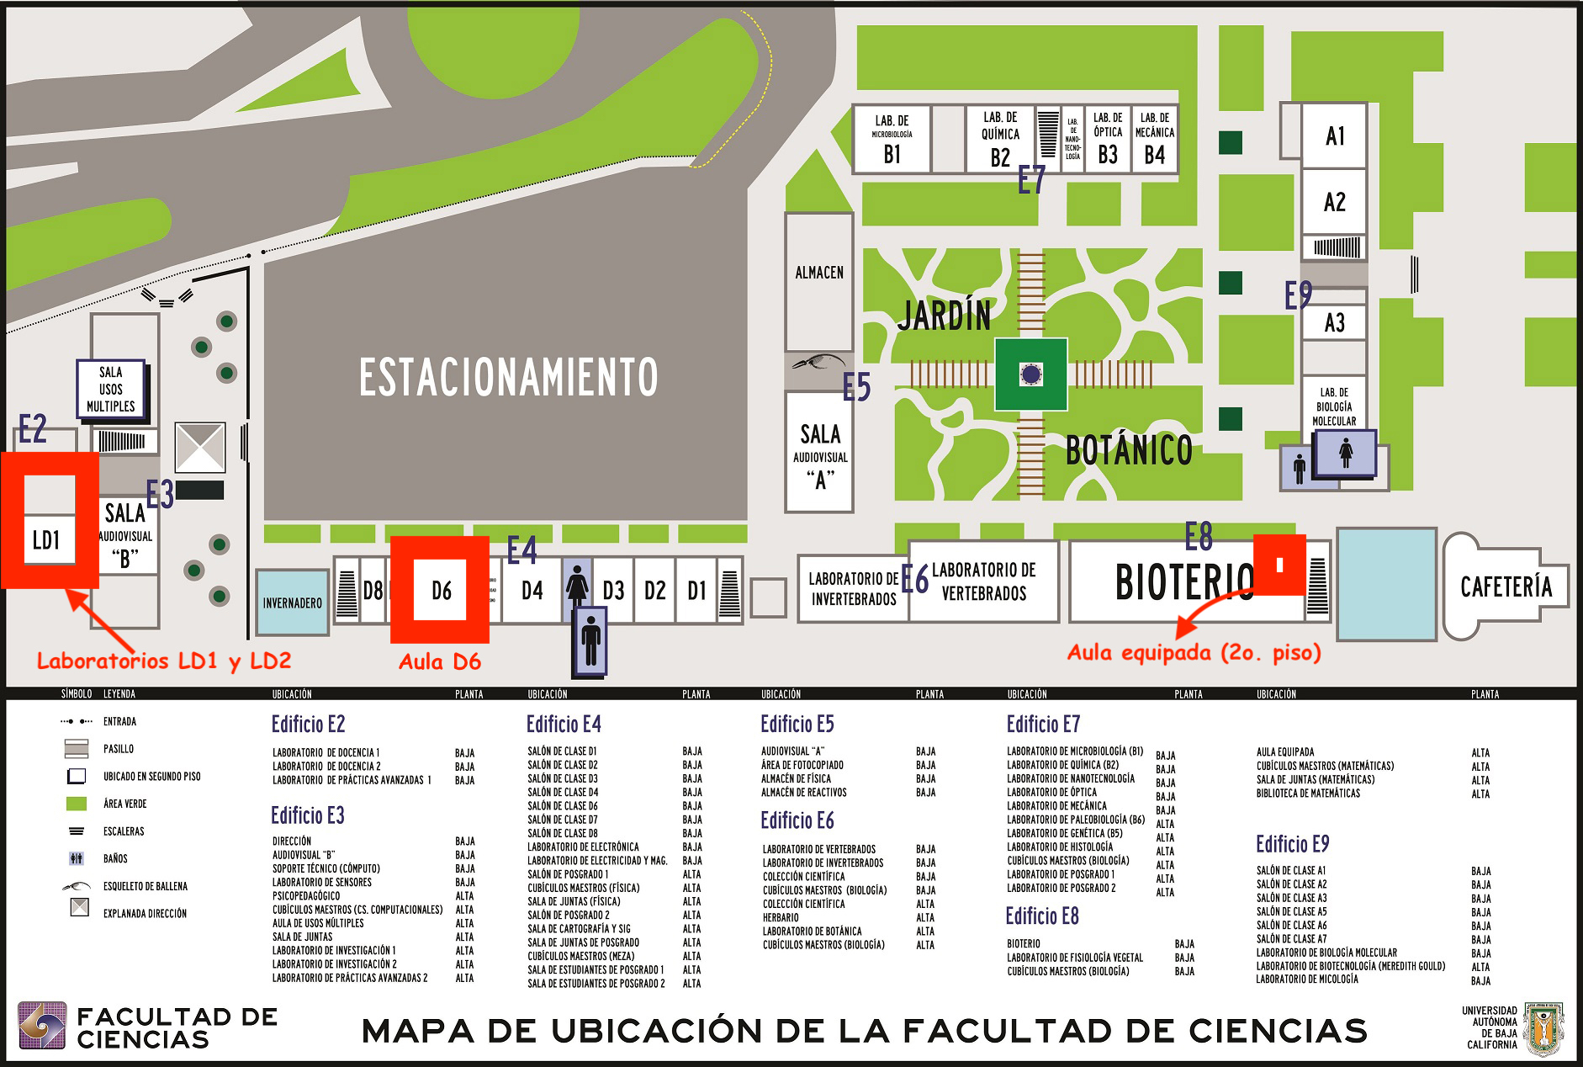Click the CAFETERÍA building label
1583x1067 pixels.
tap(1506, 587)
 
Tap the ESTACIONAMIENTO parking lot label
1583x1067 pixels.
tap(508, 377)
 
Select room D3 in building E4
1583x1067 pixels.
tap(613, 591)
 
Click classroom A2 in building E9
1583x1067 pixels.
tap(1334, 202)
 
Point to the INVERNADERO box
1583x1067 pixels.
tap(292, 603)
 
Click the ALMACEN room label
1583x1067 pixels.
tap(819, 273)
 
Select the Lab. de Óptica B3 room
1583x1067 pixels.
tap(1108, 140)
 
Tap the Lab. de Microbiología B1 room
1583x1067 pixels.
tap(892, 140)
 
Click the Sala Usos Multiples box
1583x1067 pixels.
tap(111, 390)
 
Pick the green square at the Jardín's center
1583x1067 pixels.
tap(1030, 374)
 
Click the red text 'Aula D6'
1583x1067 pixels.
tap(440, 662)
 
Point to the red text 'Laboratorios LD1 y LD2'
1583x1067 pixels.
tap(164, 661)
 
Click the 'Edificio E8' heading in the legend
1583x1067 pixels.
tap(1042, 916)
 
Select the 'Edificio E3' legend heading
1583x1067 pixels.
tap(308, 815)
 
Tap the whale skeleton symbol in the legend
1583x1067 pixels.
tap(77, 886)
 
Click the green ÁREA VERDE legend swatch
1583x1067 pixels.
tap(77, 804)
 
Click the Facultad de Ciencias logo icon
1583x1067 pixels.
tap(42, 1026)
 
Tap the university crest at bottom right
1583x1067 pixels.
tap(1544, 1028)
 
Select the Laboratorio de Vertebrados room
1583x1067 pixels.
tap(983, 581)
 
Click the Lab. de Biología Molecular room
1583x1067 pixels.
tap(1334, 406)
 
